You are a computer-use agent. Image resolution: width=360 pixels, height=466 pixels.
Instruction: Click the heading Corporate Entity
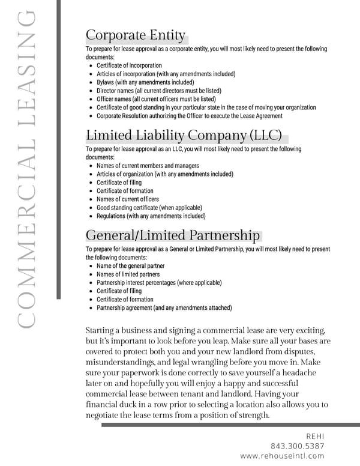click(x=136, y=35)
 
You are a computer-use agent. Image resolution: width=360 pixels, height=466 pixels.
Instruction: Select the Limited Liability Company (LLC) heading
click(x=184, y=135)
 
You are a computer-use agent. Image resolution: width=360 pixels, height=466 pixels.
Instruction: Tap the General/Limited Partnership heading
click(x=173, y=235)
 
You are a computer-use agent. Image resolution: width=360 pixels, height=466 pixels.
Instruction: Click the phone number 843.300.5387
click(x=298, y=446)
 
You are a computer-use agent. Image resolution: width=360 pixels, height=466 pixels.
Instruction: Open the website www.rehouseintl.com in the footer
click(x=282, y=456)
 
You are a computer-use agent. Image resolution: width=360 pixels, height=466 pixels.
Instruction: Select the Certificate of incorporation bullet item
click(x=129, y=65)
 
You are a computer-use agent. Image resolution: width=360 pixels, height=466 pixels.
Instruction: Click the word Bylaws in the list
click(x=106, y=82)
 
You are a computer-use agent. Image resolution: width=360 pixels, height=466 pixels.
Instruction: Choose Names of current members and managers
click(x=148, y=166)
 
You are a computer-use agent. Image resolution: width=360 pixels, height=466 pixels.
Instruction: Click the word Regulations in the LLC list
click(x=112, y=216)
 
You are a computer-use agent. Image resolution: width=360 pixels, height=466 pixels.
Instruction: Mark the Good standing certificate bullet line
click(x=149, y=208)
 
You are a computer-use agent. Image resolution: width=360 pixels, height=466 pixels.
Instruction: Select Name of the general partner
click(x=130, y=266)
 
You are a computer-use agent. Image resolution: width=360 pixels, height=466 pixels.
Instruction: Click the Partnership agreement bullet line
click(x=164, y=308)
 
